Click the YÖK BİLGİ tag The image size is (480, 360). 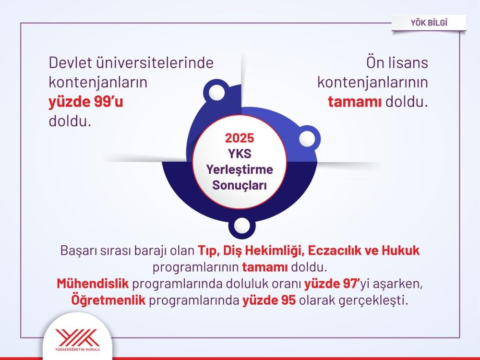[428, 22]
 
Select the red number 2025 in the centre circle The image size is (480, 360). [240, 139]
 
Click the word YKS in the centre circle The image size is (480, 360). [240, 154]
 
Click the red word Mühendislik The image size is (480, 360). [92, 284]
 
